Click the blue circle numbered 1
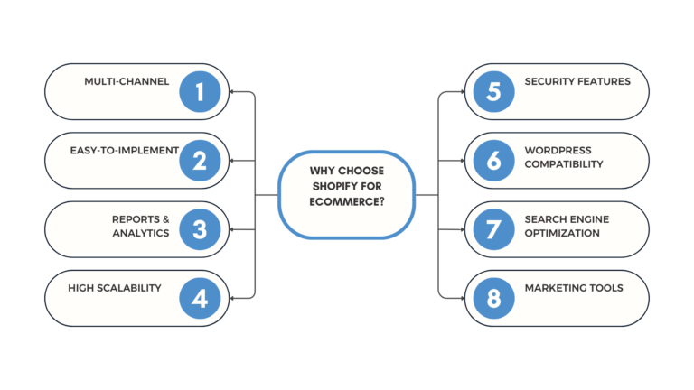(200, 91)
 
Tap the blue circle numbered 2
(200, 160)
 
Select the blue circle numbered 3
(200, 229)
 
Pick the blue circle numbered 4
(200, 298)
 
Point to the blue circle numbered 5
(493, 91)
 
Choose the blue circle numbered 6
(493, 160)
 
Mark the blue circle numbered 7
(493, 229)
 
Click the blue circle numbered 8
(493, 298)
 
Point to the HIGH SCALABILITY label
(115, 288)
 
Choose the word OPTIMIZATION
(562, 233)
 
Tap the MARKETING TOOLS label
(573, 288)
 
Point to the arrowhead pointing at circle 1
(232, 91)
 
